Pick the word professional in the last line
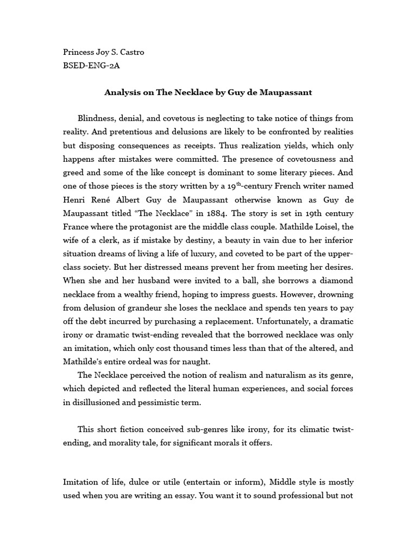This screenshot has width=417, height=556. pyautogui.click(x=297, y=496)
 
